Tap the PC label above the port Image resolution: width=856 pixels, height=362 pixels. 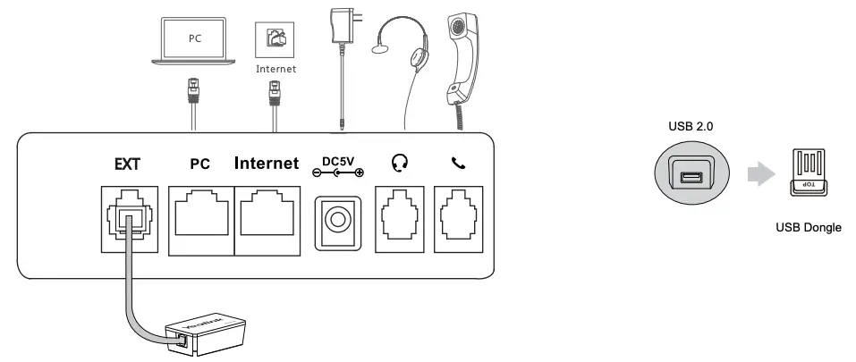pyautogui.click(x=199, y=164)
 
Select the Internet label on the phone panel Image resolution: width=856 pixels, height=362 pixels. pyautogui.click(x=266, y=164)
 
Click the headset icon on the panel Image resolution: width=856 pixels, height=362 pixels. pyautogui.click(x=401, y=164)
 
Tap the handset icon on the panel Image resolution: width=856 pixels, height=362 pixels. pyautogui.click(x=459, y=164)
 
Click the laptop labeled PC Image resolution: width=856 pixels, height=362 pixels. pyautogui.click(x=194, y=41)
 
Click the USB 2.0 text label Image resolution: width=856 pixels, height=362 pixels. pyautogui.click(x=691, y=127)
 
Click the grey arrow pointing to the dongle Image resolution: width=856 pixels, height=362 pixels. pyautogui.click(x=760, y=175)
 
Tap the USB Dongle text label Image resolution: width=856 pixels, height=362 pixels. pyautogui.click(x=809, y=228)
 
